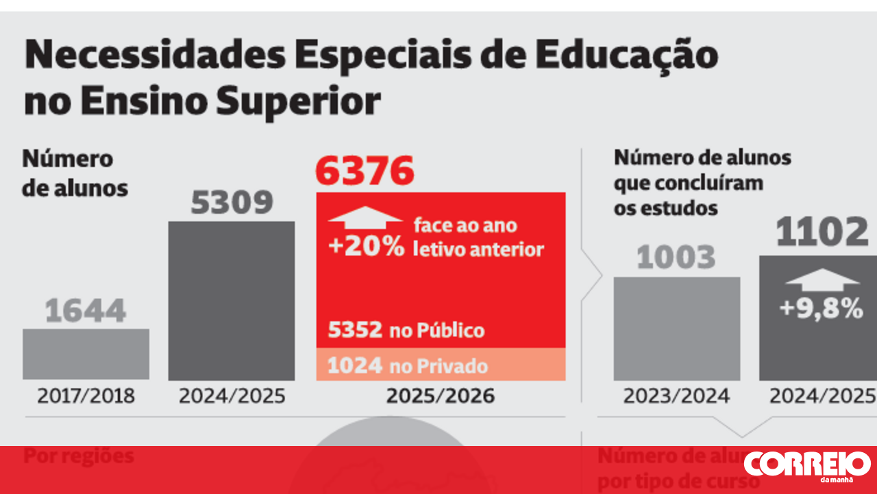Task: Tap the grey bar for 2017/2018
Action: pos(86,354)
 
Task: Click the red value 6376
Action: pos(365,171)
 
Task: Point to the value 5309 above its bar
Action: pos(232,203)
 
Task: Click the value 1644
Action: pos(86,311)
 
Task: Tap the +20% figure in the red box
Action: pos(366,247)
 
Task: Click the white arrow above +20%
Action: pos(365,217)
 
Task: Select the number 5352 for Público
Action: pos(354,330)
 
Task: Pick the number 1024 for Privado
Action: pos(354,365)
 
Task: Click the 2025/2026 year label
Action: pos(441,396)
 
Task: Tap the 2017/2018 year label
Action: pos(86,396)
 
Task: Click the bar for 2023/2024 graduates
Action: pos(676,328)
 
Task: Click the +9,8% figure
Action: pos(821,309)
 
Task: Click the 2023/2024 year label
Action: pos(676,396)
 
